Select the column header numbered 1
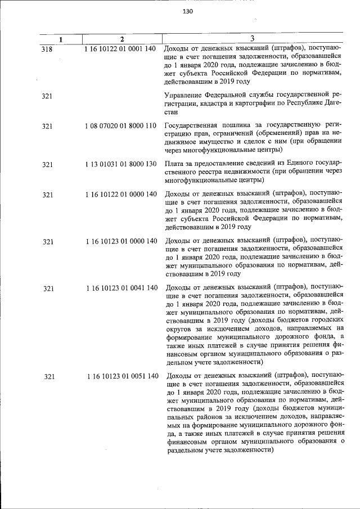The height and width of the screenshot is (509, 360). pyautogui.click(x=61, y=39)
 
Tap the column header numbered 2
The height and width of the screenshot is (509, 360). pyautogui.click(x=121, y=39)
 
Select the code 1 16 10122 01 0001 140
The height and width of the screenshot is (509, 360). pyautogui.click(x=120, y=49)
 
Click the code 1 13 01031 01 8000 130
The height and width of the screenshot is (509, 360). pyautogui.click(x=120, y=164)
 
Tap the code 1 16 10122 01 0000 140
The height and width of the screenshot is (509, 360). pyautogui.click(x=120, y=194)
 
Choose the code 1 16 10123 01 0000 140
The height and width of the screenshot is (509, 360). pyautogui.click(x=121, y=241)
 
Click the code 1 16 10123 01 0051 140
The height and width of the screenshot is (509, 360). pyautogui.click(x=123, y=376)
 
